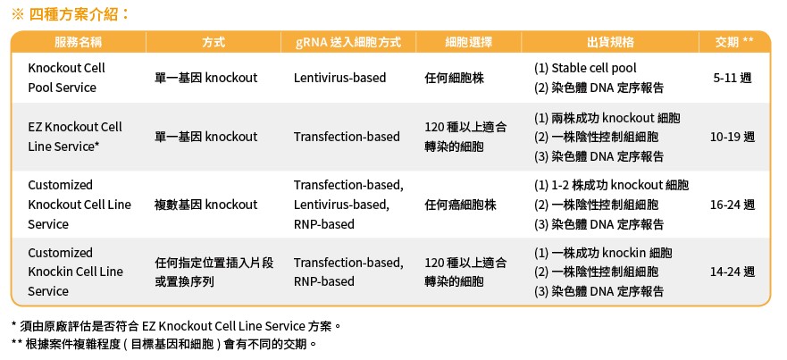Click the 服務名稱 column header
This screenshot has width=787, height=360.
coord(79,42)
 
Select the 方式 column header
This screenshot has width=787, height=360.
coord(213,42)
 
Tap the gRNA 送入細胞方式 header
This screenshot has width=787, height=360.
coord(348,42)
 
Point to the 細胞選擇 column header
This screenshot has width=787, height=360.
coord(468,42)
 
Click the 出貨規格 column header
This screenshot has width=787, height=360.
coord(610,42)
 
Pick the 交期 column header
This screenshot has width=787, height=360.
coord(733,42)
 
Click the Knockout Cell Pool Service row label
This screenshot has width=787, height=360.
coord(66,78)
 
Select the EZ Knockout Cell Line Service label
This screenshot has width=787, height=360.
coord(75,137)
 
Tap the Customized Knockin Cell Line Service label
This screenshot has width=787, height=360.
coord(75,272)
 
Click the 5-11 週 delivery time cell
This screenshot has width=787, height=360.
coord(733,78)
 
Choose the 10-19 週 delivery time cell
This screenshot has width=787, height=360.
coord(733,137)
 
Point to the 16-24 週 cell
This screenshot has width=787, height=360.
coord(733,205)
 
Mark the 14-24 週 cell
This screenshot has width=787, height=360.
coord(733,272)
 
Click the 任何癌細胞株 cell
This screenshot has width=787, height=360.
coord(460,205)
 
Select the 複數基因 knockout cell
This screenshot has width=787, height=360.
coord(205,205)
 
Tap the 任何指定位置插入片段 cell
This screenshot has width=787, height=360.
coord(213,263)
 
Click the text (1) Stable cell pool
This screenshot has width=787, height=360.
coord(585,68)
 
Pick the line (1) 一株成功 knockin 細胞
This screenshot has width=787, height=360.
coord(603,253)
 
